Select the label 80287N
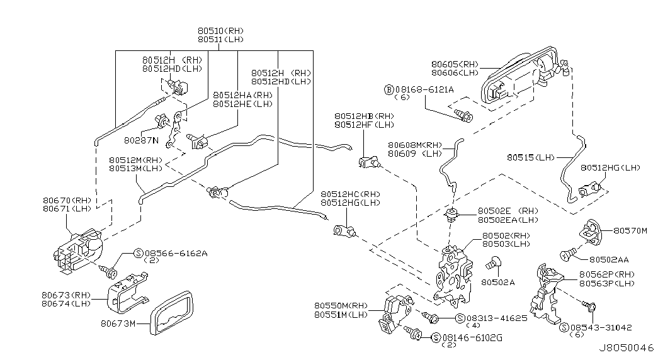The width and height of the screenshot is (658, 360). point(142,140)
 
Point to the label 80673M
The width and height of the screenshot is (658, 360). point(118,325)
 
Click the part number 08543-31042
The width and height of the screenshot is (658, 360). point(601,327)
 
